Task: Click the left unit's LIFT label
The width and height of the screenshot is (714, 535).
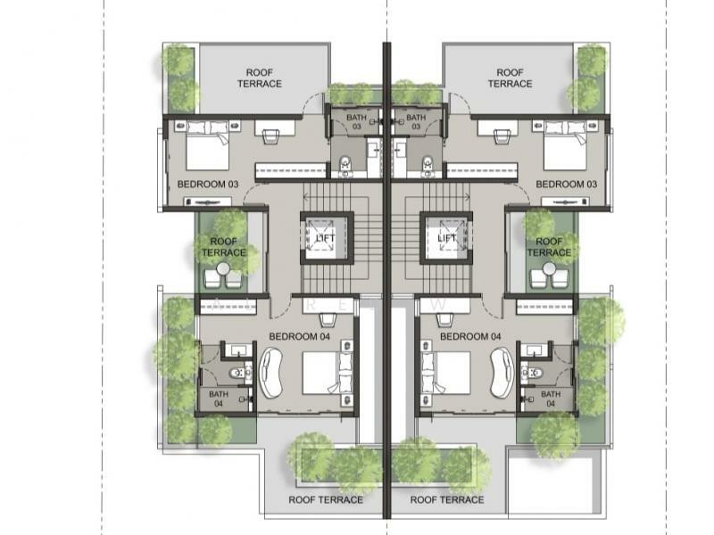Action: [x=324, y=238]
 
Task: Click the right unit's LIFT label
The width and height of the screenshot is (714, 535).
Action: [x=447, y=238]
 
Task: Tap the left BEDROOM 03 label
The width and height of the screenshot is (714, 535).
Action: [x=208, y=185]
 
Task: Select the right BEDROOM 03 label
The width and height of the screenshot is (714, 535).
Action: [x=566, y=185]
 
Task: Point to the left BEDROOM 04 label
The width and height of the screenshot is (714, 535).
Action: [x=303, y=337]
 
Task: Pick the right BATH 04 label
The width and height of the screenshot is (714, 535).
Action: [x=551, y=399]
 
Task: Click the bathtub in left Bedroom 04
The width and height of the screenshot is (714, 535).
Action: [x=274, y=372]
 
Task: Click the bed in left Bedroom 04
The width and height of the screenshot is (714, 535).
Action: [x=321, y=373]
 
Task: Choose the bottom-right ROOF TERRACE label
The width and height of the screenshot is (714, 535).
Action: [x=447, y=499]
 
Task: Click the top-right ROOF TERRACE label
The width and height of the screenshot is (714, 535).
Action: [x=511, y=78]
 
